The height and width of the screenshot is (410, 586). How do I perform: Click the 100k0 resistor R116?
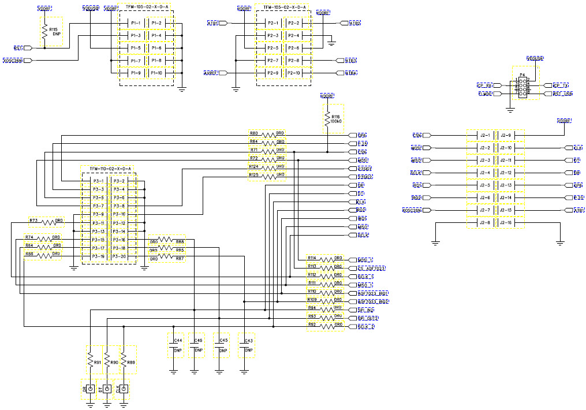(x=327, y=119)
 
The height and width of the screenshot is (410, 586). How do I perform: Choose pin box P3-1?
(x=98, y=181)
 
